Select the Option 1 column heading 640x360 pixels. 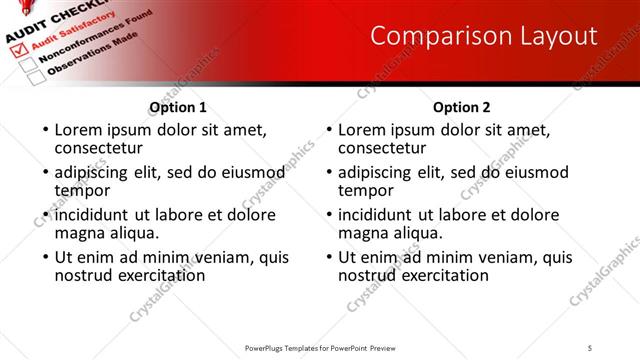tap(178, 107)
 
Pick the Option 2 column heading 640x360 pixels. tap(462, 107)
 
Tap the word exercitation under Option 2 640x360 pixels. tap(440, 275)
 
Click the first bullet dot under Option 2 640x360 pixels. tap(329, 131)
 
